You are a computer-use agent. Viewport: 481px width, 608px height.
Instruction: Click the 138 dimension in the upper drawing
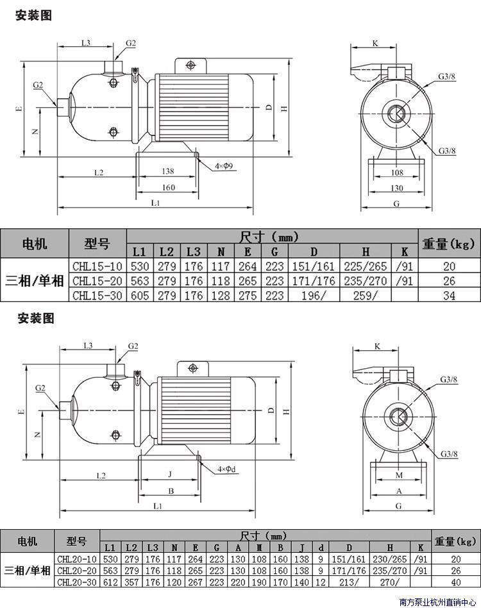pos(168,171)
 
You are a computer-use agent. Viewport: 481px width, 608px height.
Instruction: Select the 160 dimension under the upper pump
pos(168,187)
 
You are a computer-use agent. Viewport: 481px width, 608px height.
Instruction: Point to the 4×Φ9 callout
pos(224,166)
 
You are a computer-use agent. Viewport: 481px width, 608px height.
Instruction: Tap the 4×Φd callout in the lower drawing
pos(226,469)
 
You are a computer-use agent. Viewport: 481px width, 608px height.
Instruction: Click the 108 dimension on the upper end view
pos(397,173)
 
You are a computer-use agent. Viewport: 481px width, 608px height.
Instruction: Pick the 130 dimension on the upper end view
pos(397,188)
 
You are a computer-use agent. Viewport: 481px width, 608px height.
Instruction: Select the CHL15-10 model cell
pos(97,266)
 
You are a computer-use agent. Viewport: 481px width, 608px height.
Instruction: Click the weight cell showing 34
pos(449,296)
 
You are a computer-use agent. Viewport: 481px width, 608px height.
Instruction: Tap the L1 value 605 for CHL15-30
pos(140,296)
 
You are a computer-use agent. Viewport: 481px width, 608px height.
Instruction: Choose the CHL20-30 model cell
pos(77,582)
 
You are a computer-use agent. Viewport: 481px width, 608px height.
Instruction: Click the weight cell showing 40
pos(456,582)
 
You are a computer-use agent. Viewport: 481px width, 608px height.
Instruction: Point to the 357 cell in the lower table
pos(131,582)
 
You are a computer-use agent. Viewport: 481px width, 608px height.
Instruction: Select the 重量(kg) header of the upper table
pos(448,244)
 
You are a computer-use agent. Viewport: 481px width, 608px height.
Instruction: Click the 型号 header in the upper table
pos(97,244)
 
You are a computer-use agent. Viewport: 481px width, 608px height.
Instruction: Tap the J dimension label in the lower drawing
pos(170,474)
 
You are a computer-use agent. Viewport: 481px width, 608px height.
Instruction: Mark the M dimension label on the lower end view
pos(399,475)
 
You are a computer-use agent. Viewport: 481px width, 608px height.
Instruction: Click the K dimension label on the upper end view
pos(375,43)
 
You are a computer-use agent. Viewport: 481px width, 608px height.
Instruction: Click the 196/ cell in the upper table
pos(314,296)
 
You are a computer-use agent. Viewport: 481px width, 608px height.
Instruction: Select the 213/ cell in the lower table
pos(349,582)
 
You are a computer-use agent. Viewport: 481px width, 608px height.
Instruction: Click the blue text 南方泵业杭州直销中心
pos(437,602)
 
